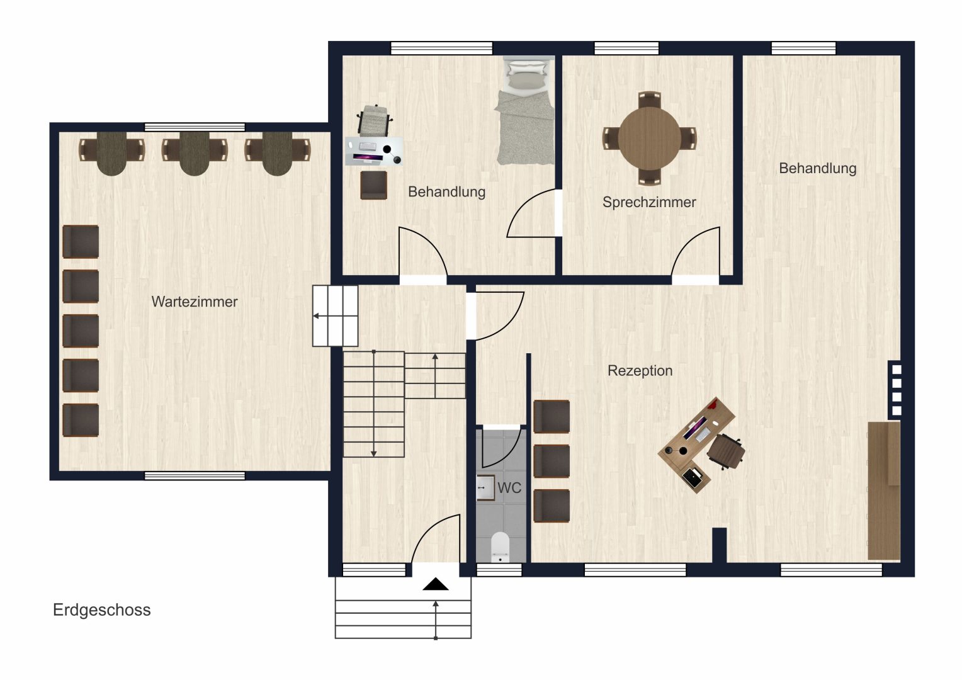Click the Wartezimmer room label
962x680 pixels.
pyautogui.click(x=194, y=302)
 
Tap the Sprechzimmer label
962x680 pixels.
pyautogui.click(x=649, y=202)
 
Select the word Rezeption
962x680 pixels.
pyautogui.click(x=640, y=371)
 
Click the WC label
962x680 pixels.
pyautogui.click(x=509, y=487)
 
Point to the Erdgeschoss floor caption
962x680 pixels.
pyautogui.click(x=102, y=610)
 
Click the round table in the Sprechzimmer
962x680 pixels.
pyautogui.click(x=649, y=139)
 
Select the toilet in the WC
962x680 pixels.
pyautogui.click(x=500, y=547)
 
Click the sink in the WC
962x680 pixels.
pyautogui.click(x=485, y=487)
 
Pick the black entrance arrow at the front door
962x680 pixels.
pyautogui.click(x=436, y=584)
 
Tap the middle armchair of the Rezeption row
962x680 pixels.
pyautogui.click(x=552, y=462)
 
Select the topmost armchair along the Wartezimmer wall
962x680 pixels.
pyautogui.click(x=81, y=242)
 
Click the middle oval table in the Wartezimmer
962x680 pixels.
pyautogui.click(x=195, y=154)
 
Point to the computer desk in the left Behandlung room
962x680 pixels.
pyautogui.click(x=374, y=151)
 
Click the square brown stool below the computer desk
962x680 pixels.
pyautogui.click(x=373, y=185)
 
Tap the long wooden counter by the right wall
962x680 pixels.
pyautogui.click(x=884, y=490)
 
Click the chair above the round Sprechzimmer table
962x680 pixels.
pyautogui.click(x=649, y=100)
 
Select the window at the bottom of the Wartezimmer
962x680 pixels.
pyautogui.click(x=195, y=476)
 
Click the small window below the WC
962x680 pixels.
pyautogui.click(x=499, y=570)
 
